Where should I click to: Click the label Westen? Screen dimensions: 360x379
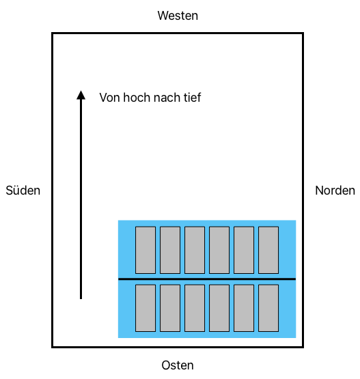click(178, 16)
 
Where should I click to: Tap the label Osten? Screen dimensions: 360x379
click(178, 365)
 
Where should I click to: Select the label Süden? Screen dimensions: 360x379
click(23, 191)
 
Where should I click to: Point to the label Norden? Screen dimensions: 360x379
click(335, 191)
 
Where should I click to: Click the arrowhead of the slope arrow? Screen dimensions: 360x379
click(81, 95)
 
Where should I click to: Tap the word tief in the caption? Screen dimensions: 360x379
click(192, 98)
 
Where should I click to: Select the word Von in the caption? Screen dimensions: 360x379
click(110, 98)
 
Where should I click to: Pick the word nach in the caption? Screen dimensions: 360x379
click(167, 98)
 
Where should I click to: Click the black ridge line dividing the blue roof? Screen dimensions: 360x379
click(207, 279)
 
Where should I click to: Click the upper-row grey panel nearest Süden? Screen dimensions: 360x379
click(146, 250)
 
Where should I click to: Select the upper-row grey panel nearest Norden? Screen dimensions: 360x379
click(268, 250)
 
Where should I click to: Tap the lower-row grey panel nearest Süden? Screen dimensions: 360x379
click(146, 308)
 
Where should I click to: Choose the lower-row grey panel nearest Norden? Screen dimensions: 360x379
click(268, 308)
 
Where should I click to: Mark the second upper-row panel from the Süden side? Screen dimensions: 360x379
click(170, 250)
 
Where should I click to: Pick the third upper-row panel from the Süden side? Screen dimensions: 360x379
click(195, 250)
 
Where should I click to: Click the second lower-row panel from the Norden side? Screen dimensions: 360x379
click(244, 308)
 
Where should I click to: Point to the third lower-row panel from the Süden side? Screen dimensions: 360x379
click(195, 308)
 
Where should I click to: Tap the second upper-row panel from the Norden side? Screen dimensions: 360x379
click(244, 250)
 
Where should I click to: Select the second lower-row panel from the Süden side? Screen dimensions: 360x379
click(170, 308)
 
